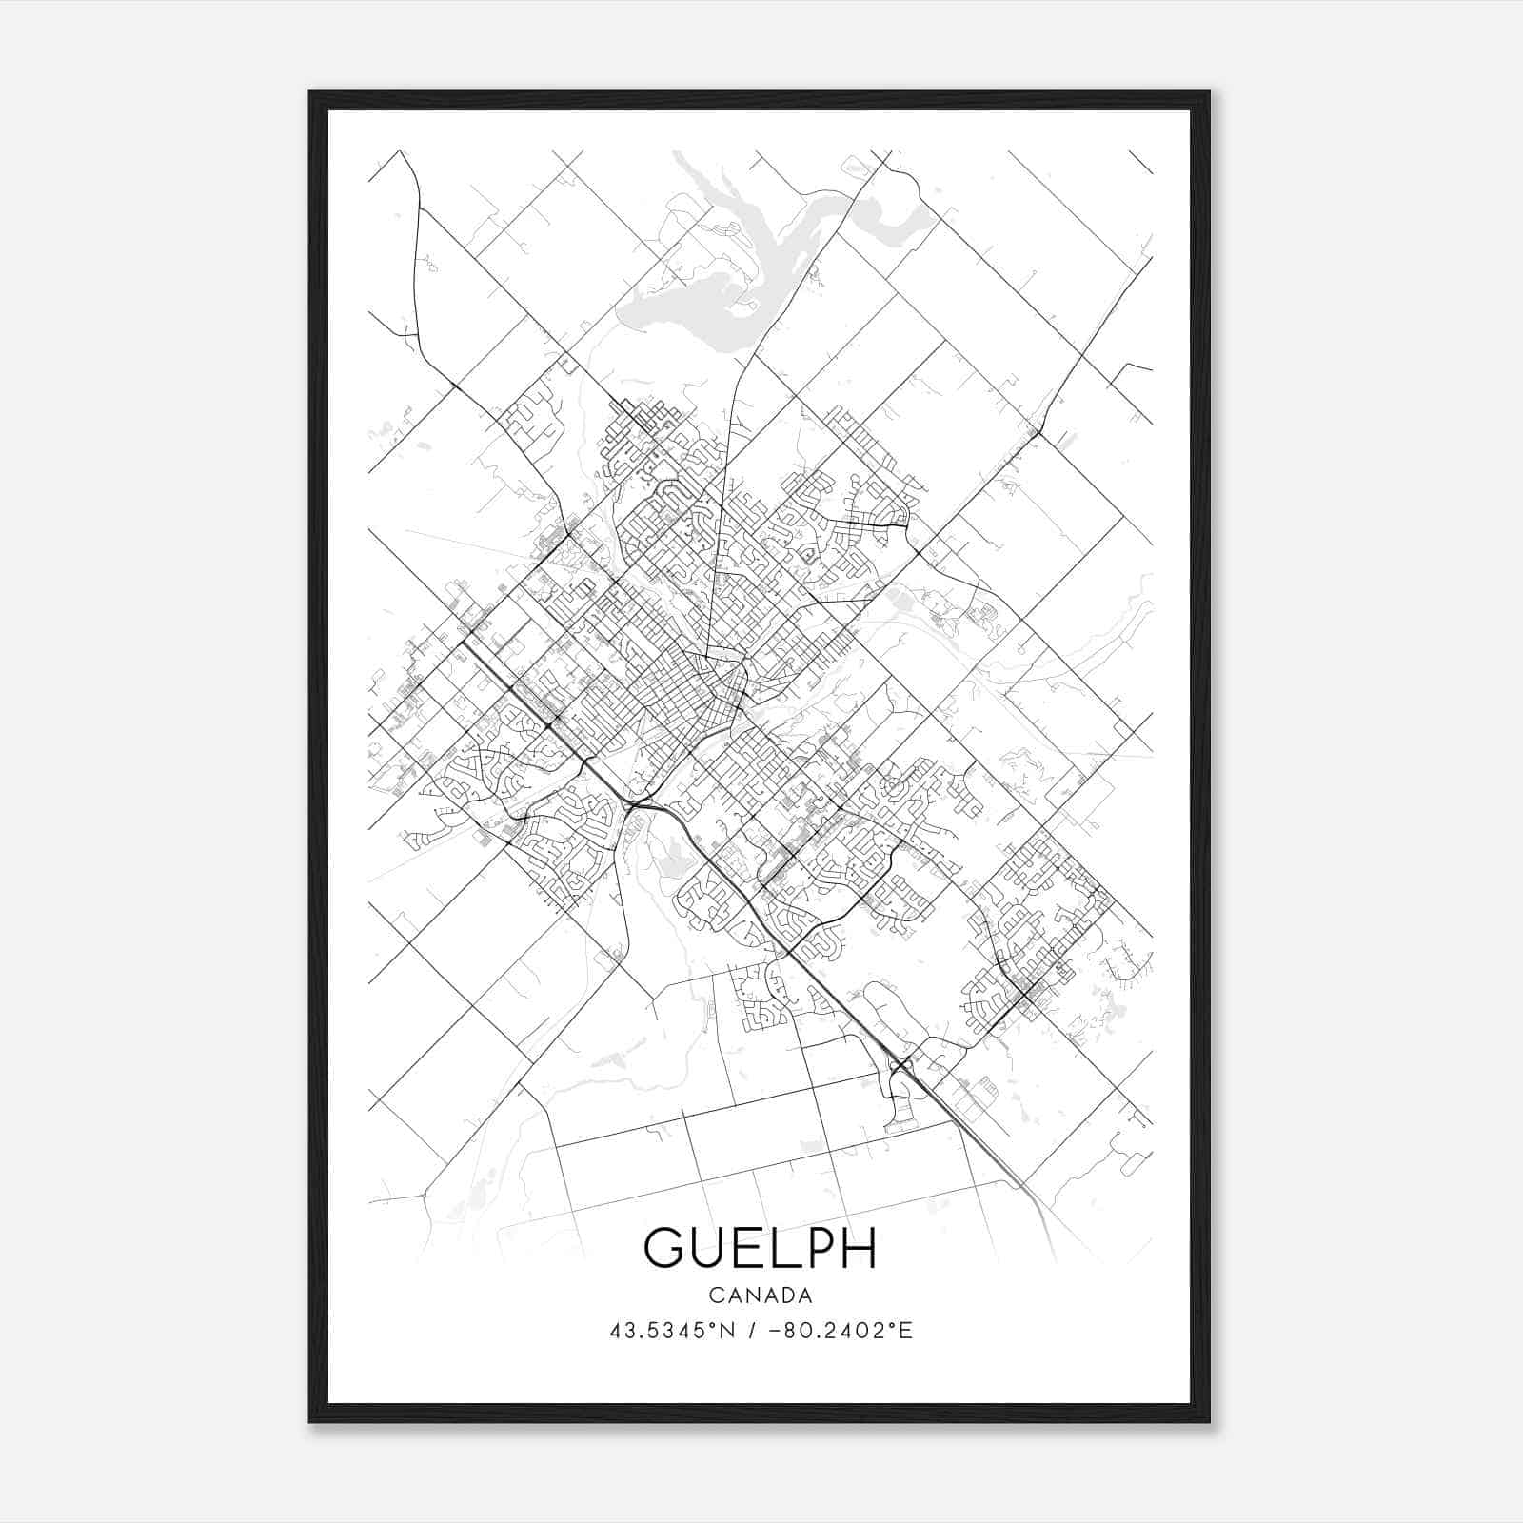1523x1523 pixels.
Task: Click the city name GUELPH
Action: click(x=760, y=1248)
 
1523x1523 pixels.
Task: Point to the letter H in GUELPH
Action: click(x=856, y=1248)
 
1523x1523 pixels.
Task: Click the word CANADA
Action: click(x=760, y=1296)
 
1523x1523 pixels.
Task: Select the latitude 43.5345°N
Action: click(x=673, y=1331)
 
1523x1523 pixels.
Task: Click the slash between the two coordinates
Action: click(x=752, y=1331)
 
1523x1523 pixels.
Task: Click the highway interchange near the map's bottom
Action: click(x=900, y=1065)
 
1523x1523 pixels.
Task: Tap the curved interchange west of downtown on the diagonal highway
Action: click(x=636, y=805)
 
